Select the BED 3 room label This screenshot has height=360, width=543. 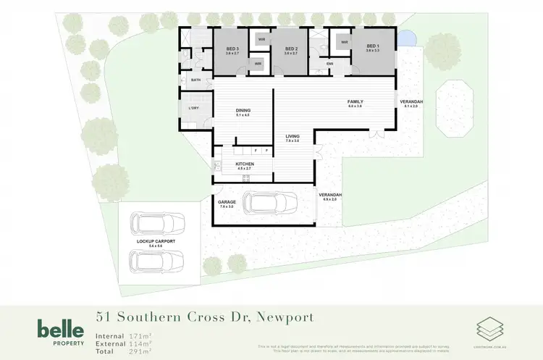click(232, 49)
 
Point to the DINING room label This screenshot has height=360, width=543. click(243, 109)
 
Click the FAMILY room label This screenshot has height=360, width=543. click(355, 101)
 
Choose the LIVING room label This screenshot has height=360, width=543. click(292, 136)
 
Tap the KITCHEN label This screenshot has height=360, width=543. click(245, 164)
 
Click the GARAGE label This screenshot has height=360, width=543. click(227, 202)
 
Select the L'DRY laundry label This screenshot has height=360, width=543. click(193, 109)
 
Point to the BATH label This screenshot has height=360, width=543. click(195, 80)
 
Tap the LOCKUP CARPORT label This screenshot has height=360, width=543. click(156, 240)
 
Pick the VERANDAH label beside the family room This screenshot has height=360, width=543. click(411, 101)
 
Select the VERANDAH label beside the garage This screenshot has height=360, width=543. click(330, 195)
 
